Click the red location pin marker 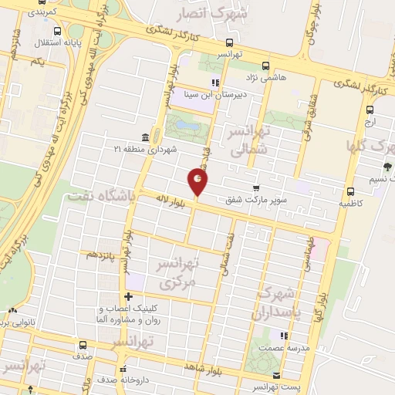pos(198,182)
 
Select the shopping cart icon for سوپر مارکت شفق pos(255,187)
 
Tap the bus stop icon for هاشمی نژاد pos(267,66)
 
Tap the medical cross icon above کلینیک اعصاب pos(127,297)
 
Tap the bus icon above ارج pos(370,109)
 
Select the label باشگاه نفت pos(100,197)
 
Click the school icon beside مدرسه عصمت pos(284,336)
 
